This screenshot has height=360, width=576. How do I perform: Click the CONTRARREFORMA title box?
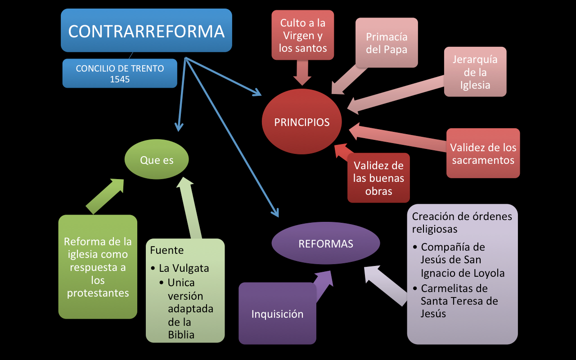coord(146,31)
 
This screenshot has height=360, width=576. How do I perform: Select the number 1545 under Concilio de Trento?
coord(120,79)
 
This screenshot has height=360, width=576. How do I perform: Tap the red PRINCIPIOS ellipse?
coord(301,122)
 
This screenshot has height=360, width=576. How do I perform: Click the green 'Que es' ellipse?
coord(157,160)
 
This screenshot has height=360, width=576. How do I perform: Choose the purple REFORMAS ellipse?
coord(326,243)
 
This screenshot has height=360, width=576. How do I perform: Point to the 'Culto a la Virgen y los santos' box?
coord(302,35)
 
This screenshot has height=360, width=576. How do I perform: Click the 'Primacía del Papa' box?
coord(386,43)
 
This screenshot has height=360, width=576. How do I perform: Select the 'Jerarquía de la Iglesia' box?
coord(475,72)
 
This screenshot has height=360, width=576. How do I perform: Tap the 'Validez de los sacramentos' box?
coord(483,153)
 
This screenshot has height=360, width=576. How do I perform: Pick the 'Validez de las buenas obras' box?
coord(378,178)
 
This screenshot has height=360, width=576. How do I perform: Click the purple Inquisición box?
coord(277,314)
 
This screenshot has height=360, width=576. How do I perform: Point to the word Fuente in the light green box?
coord(167,250)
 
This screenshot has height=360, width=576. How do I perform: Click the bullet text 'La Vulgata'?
coord(184,268)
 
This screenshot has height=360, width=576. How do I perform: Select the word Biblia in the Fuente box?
coord(181,334)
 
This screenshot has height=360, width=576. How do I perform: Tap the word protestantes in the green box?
coord(98,293)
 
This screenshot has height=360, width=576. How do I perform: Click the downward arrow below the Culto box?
coord(302,73)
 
